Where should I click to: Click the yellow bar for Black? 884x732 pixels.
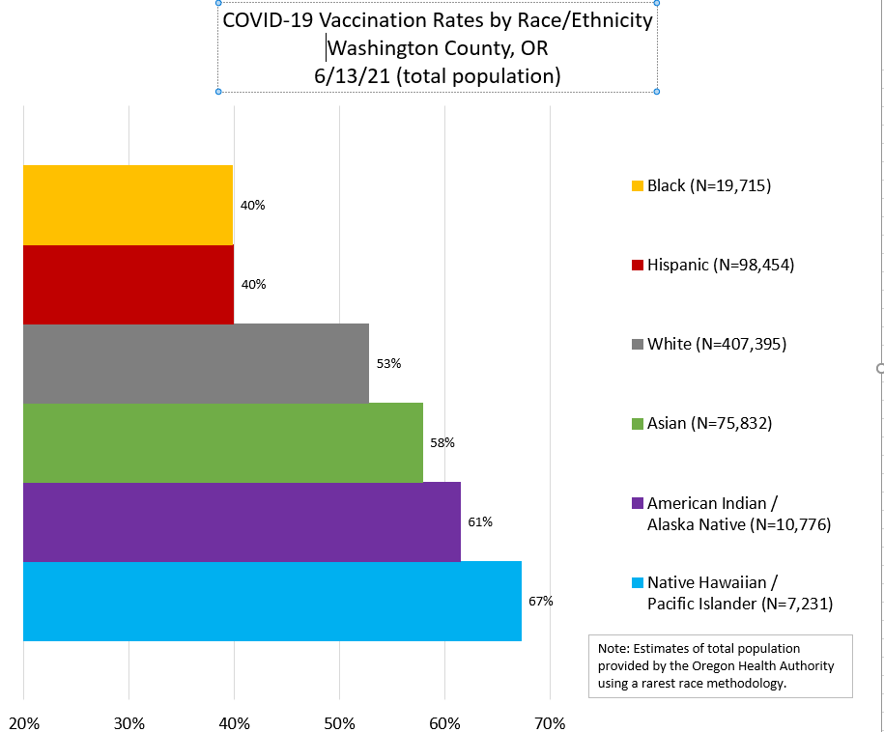(x=128, y=205)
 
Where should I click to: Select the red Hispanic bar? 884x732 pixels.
(x=128, y=284)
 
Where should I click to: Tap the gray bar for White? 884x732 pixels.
(x=195, y=363)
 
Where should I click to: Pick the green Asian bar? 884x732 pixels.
(x=222, y=442)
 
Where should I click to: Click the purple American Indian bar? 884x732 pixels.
(x=242, y=521)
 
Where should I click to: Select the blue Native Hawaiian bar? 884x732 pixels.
(x=271, y=601)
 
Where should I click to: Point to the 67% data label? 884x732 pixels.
(x=540, y=601)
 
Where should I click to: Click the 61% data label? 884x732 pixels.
(x=480, y=521)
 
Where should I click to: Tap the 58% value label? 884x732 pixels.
(x=442, y=442)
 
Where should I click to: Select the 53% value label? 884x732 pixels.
(x=388, y=363)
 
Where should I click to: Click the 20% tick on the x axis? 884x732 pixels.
(x=23, y=722)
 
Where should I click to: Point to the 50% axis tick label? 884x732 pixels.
(x=339, y=722)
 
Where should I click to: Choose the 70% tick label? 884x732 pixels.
(x=550, y=722)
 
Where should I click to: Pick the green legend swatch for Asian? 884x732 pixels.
(x=636, y=423)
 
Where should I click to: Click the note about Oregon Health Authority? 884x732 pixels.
(x=720, y=665)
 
